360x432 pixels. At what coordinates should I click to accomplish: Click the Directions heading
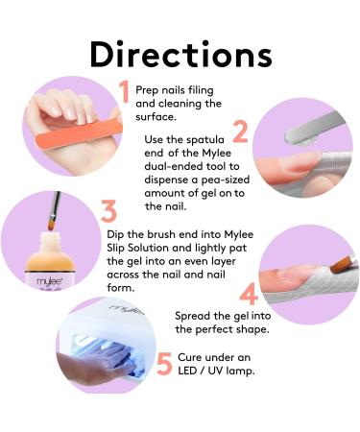point(181,54)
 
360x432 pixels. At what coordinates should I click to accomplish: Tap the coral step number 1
point(124,91)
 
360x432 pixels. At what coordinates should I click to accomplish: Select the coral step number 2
point(240,132)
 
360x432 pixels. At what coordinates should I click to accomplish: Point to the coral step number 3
point(108,211)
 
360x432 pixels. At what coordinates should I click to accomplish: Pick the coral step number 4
point(249,294)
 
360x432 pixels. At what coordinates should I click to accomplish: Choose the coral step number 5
point(165,364)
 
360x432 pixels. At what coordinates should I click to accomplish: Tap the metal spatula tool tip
point(290,137)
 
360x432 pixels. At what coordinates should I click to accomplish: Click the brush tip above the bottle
point(51,225)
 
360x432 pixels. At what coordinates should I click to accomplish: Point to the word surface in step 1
point(156,117)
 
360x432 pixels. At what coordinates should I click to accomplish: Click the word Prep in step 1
point(147,90)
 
